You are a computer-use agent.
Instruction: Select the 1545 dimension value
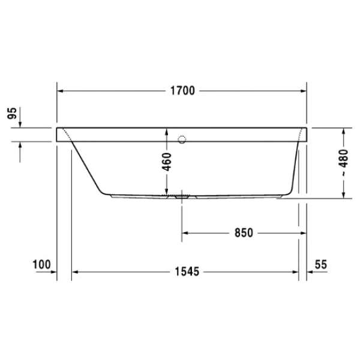point(185,272)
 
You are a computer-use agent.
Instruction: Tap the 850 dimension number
point(241,232)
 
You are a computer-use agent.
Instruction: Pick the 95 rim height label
point(11,114)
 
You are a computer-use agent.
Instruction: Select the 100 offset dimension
point(41,264)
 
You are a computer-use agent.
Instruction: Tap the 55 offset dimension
point(320,264)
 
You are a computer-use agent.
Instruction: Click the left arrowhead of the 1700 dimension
point(61,91)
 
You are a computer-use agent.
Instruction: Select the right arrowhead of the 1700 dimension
point(304,91)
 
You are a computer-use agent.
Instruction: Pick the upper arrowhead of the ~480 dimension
point(343,131)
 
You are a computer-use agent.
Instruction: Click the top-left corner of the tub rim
point(57,128)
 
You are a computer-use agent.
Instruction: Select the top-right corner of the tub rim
point(308,128)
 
